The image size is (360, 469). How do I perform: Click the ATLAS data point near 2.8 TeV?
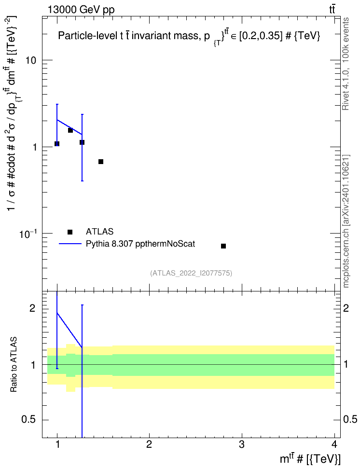[x=223, y=246]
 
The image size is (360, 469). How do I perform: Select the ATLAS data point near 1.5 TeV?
[x=101, y=162]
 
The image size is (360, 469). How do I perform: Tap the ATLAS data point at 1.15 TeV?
[x=70, y=130]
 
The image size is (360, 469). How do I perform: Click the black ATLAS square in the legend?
[x=70, y=232]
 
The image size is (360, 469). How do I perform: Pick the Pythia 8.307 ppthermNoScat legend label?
[x=140, y=244]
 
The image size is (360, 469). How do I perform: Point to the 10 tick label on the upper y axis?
[x=30, y=60]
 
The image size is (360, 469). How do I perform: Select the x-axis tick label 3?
[x=241, y=444]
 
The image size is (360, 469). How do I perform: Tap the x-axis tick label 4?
[x=334, y=444]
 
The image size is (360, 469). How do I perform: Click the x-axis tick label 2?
[x=149, y=444]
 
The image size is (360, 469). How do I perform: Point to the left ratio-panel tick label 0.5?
[x=28, y=420]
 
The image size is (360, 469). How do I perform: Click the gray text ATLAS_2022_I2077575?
[x=191, y=273]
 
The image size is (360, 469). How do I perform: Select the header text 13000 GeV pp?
[x=81, y=10]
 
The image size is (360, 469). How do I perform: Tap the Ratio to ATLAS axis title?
[x=14, y=365]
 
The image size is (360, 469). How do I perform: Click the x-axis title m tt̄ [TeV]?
[x=310, y=458]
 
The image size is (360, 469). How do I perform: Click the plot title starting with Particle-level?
[x=189, y=37]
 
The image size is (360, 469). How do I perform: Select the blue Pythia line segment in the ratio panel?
[x=69, y=330]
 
